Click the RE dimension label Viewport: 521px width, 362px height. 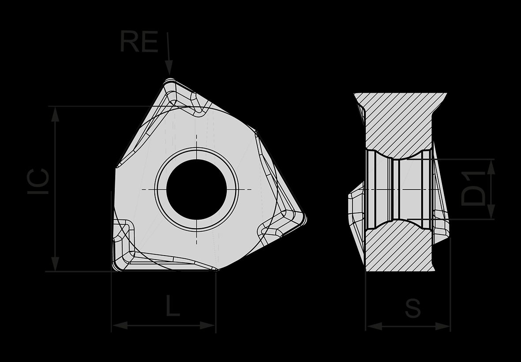click(139, 41)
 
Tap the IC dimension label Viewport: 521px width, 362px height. click(38, 181)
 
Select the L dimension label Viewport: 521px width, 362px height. click(173, 305)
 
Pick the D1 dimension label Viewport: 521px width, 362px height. click(473, 189)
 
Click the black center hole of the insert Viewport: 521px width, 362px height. click(196, 189)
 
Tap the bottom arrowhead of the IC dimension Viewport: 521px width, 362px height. click(55, 264)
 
